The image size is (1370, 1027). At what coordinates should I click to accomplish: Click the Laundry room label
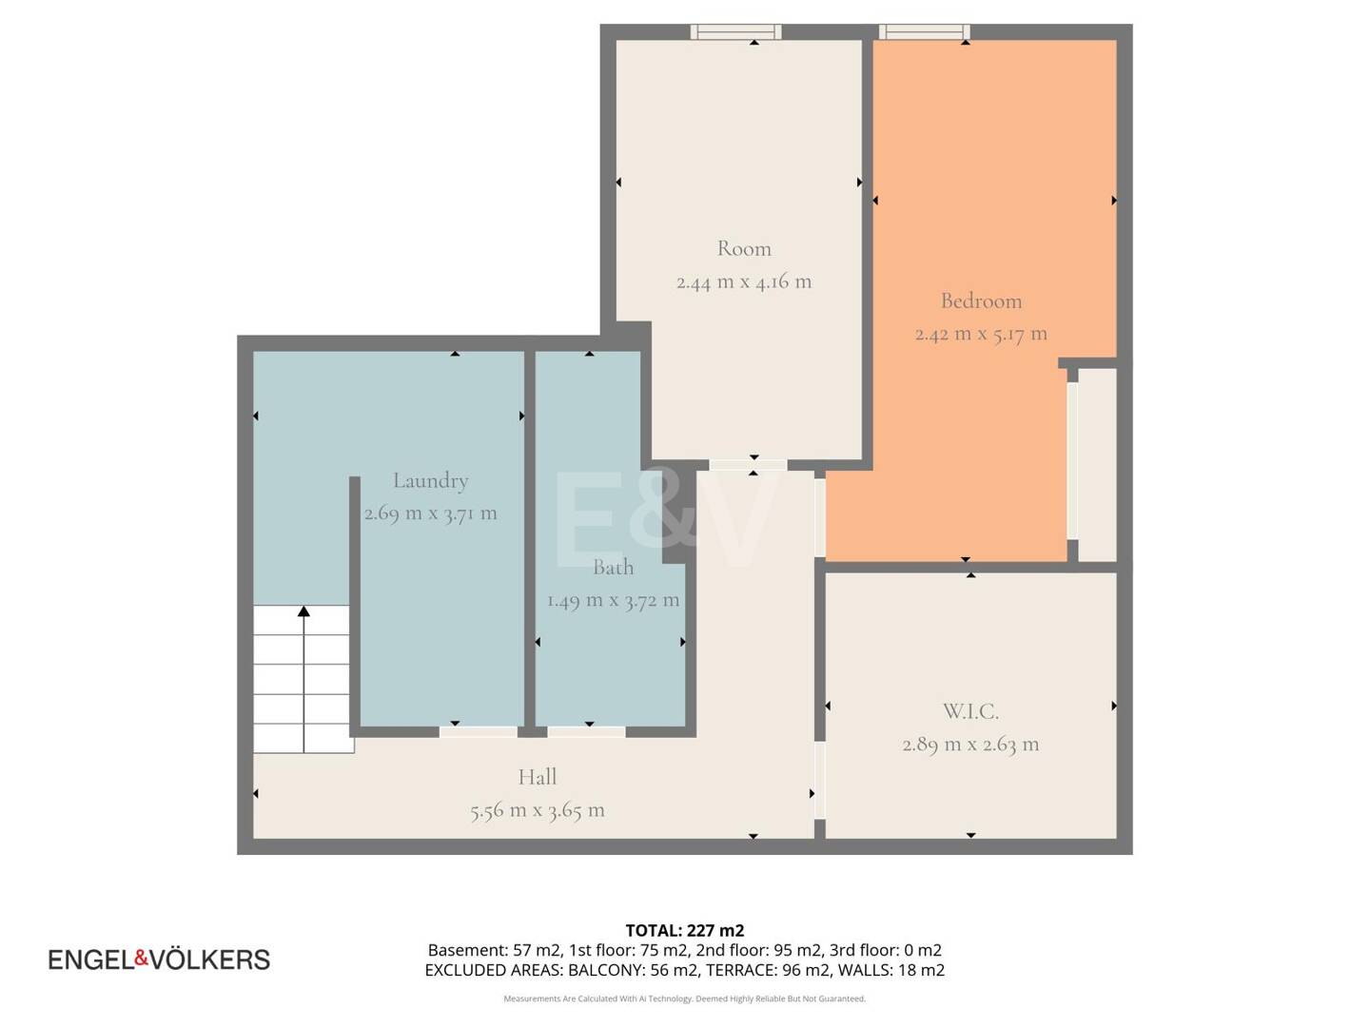click(x=430, y=481)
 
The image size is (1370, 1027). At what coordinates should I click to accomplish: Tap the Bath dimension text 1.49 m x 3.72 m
click(x=613, y=600)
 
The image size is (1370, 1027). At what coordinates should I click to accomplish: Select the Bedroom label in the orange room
click(x=981, y=301)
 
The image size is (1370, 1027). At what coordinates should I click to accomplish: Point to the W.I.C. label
click(x=970, y=711)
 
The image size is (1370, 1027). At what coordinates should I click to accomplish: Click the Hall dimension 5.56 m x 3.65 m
click(x=538, y=810)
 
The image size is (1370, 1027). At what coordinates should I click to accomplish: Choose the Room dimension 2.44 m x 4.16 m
click(x=744, y=281)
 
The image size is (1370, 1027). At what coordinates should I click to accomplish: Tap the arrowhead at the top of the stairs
click(x=303, y=611)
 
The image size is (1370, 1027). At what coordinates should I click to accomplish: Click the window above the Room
click(x=735, y=31)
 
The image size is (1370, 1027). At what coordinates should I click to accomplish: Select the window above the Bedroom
click(x=925, y=31)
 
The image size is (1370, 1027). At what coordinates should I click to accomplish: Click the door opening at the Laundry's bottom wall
click(x=479, y=732)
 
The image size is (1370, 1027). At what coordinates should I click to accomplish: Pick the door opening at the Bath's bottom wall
click(x=586, y=732)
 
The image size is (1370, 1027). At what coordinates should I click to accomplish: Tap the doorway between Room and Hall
click(x=748, y=465)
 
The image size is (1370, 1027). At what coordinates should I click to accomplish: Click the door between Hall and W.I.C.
click(x=820, y=780)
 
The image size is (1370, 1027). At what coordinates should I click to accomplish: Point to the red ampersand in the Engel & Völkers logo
click(x=141, y=958)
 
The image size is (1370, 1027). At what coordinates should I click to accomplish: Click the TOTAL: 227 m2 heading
click(x=685, y=930)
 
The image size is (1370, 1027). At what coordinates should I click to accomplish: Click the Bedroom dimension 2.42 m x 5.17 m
click(x=981, y=334)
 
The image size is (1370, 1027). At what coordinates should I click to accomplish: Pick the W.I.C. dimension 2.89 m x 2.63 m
click(x=970, y=745)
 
